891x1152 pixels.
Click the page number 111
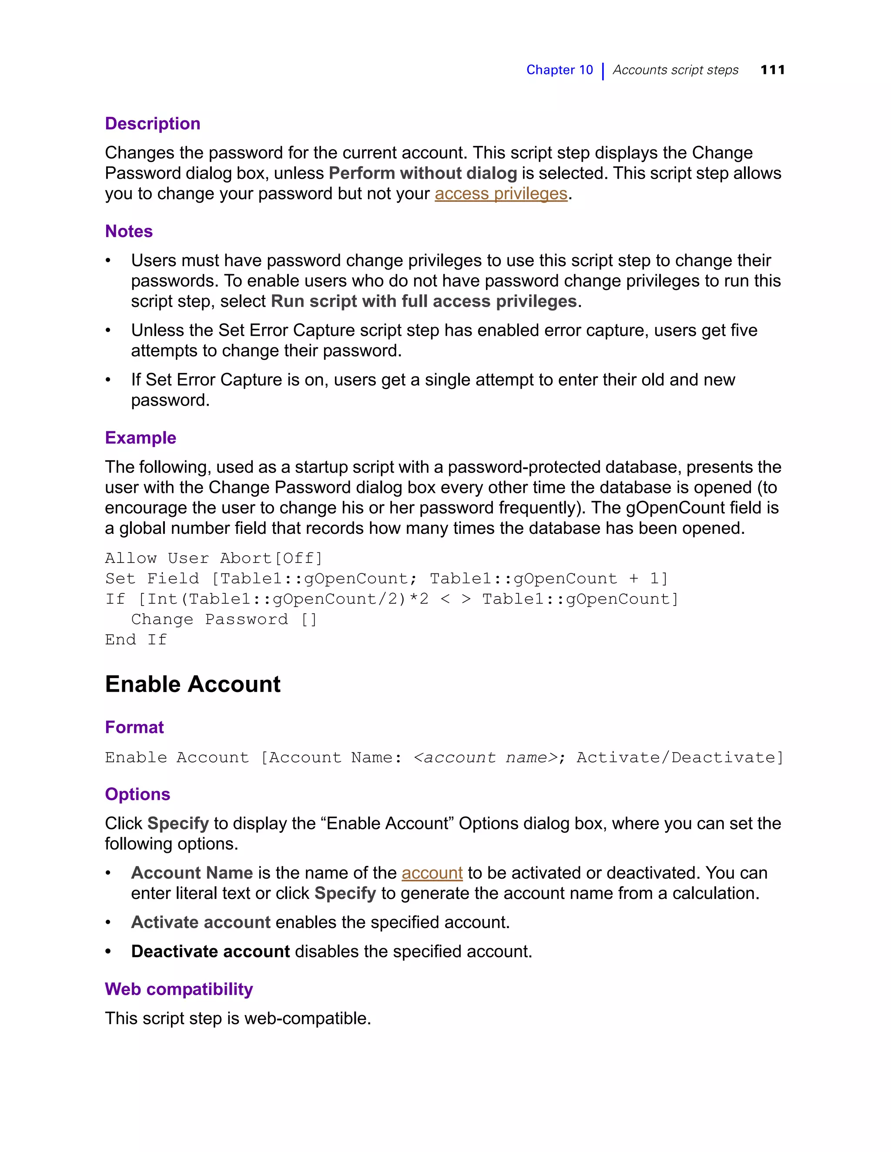click(x=772, y=70)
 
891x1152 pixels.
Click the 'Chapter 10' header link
click(x=559, y=70)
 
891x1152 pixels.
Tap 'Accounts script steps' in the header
click(x=675, y=70)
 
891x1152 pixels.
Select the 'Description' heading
click(x=153, y=123)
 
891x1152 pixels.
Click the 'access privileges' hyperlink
click(x=500, y=193)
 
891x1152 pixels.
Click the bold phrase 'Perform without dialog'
click(x=422, y=173)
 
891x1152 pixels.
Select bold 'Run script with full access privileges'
click(x=423, y=301)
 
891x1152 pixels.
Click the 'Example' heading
click(x=141, y=438)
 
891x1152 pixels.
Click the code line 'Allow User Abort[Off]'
click(x=213, y=558)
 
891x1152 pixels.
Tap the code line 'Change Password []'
click(x=224, y=619)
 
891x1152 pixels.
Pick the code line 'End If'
click(x=136, y=640)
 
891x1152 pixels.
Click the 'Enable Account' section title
click(x=193, y=684)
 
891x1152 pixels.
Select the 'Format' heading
click(x=134, y=727)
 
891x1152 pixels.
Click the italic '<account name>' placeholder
click(x=486, y=757)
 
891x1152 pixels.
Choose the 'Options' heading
click(x=137, y=794)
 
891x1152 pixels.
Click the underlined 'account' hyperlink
click(x=432, y=873)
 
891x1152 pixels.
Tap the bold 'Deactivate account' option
click(x=210, y=951)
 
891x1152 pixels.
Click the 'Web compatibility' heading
click(x=178, y=989)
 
